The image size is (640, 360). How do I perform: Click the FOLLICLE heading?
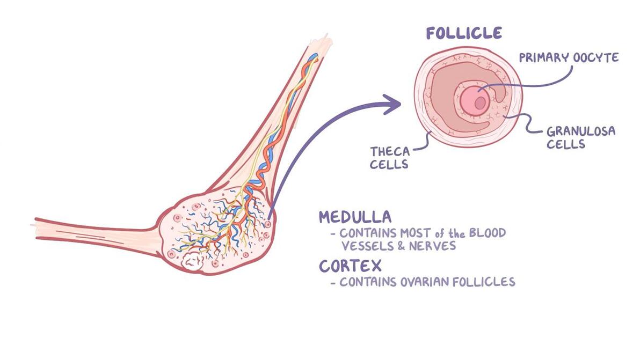tap(464, 33)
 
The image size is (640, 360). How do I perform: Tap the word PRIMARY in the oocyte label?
tap(544, 57)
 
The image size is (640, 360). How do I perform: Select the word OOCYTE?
tap(596, 57)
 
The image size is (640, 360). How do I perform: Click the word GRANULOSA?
tap(581, 131)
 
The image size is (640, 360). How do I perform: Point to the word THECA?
tap(390, 152)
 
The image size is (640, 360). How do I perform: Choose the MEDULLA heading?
tap(355, 217)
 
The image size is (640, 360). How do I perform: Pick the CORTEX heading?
tap(350, 266)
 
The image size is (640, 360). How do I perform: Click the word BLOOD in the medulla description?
tap(488, 233)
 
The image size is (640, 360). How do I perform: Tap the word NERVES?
tap(432, 246)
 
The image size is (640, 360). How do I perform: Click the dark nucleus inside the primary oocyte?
tap(481, 102)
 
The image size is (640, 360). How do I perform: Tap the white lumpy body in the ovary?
tap(192, 261)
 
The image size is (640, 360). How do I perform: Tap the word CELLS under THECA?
tap(389, 164)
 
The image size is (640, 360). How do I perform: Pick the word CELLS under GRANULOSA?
tap(566, 144)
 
